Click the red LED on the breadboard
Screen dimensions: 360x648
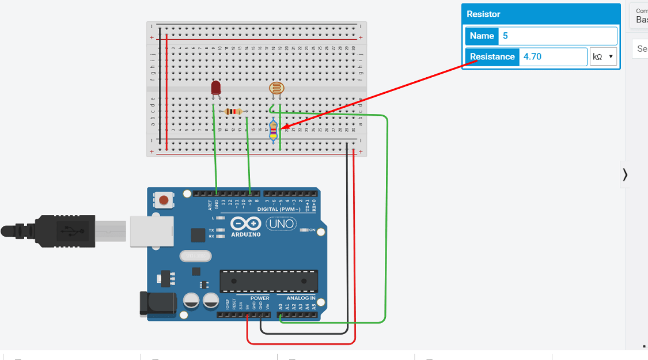click(215, 88)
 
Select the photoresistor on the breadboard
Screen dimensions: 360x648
click(276, 88)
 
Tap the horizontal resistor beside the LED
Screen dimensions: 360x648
click(233, 111)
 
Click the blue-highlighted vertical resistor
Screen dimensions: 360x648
click(273, 131)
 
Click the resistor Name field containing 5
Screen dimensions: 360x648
click(557, 36)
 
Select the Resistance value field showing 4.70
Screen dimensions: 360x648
click(552, 56)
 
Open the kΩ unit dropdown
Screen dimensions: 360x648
click(603, 56)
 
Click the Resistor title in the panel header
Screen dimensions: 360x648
click(483, 14)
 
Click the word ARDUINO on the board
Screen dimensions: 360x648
click(245, 234)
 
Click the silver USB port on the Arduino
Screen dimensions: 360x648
click(151, 231)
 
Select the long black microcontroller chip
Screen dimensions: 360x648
click(268, 281)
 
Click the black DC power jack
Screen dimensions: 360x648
click(156, 304)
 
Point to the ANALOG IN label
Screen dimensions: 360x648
click(301, 298)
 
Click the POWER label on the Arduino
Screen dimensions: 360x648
click(260, 298)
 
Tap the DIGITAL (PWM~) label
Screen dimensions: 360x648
click(278, 210)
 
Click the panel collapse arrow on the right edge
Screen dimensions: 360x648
click(625, 174)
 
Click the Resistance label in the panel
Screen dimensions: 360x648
click(492, 56)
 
